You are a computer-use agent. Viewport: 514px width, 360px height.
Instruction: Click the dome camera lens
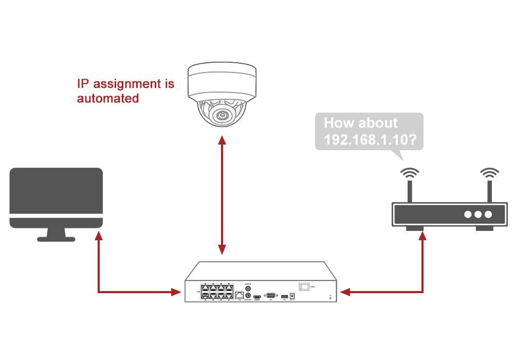(x=222, y=115)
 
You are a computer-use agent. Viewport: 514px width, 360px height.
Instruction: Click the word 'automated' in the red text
(x=108, y=98)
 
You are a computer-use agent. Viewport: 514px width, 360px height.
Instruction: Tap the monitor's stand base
(x=56, y=239)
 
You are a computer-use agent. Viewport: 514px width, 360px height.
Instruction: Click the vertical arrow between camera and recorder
(x=222, y=195)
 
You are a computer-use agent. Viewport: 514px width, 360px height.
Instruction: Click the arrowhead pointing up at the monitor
(x=98, y=237)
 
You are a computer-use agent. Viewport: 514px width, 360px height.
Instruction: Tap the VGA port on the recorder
(x=270, y=295)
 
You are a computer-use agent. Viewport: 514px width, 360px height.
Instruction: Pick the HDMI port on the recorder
(x=257, y=297)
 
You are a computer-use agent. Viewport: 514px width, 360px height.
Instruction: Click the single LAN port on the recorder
(x=240, y=295)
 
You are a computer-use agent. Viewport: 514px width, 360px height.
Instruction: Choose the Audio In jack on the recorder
(x=248, y=289)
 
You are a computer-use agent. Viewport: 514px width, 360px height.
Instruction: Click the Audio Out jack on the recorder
(x=248, y=296)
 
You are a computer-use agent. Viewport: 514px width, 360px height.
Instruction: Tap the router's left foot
(x=414, y=229)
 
